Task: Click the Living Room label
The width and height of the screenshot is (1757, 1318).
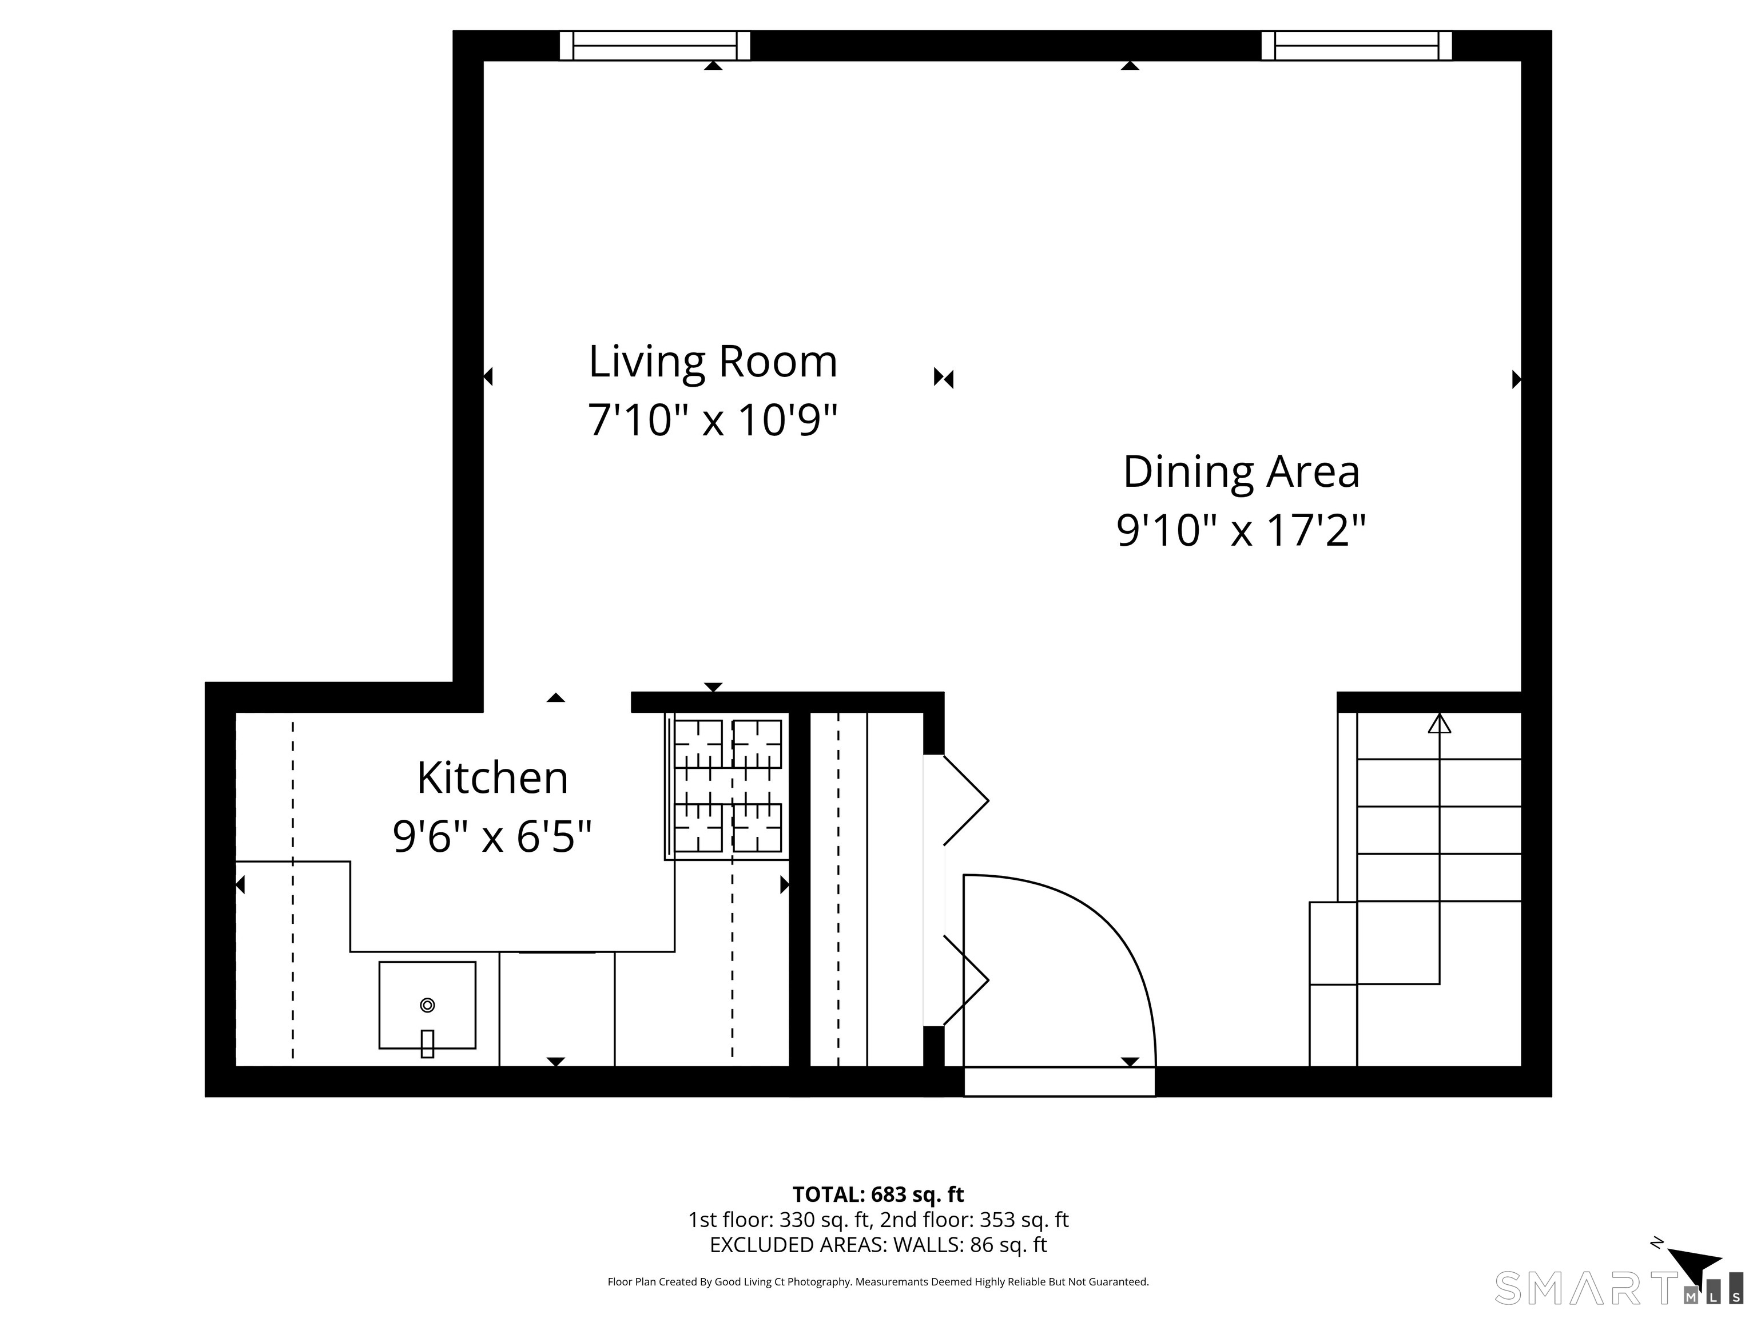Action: pyautogui.click(x=713, y=362)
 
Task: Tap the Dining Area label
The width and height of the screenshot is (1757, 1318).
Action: pyautogui.click(x=1242, y=472)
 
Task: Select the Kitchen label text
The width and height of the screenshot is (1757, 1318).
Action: pyautogui.click(x=492, y=778)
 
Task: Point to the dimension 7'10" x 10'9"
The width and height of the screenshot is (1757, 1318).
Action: pyautogui.click(x=713, y=419)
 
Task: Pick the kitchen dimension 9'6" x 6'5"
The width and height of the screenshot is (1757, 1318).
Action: pyautogui.click(x=492, y=836)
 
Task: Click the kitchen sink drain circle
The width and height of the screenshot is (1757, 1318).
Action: pyautogui.click(x=427, y=1005)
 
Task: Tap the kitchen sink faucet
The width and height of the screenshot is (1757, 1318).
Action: pyautogui.click(x=427, y=1043)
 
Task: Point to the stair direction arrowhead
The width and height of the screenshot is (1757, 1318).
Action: pyautogui.click(x=1439, y=723)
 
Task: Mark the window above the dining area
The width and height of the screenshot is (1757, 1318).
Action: pyautogui.click(x=1357, y=45)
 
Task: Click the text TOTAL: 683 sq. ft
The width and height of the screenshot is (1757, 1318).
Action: pyautogui.click(x=878, y=1194)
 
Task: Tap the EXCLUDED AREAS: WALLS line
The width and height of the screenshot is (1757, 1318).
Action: pyautogui.click(x=878, y=1245)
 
